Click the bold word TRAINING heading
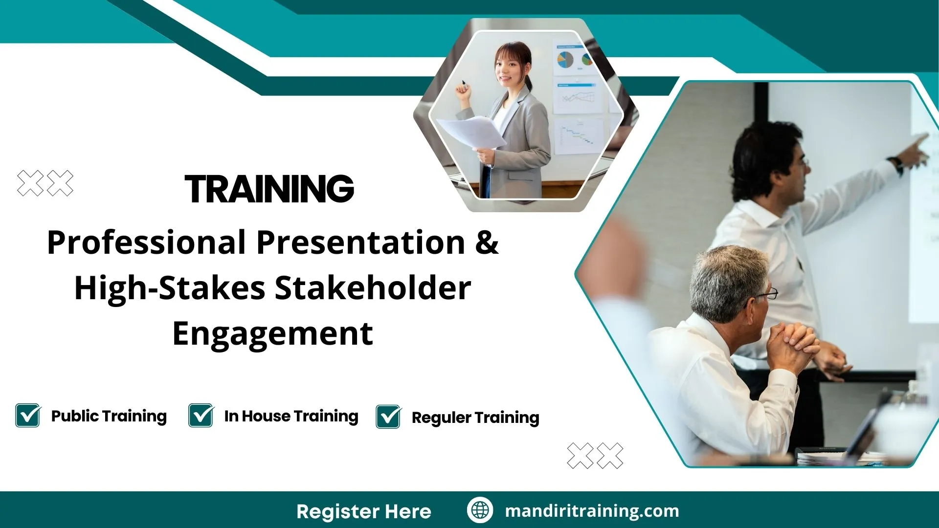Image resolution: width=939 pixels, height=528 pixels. (x=269, y=189)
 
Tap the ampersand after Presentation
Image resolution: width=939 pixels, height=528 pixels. (x=487, y=242)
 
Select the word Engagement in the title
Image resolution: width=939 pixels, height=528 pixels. (x=273, y=334)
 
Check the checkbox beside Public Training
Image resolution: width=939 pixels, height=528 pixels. (x=28, y=416)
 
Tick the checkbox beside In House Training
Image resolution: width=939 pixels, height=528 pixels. (x=201, y=416)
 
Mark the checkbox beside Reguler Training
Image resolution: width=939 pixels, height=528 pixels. (x=389, y=417)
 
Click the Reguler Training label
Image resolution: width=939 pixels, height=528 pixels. (x=475, y=418)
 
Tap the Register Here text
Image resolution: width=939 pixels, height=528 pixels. (x=363, y=511)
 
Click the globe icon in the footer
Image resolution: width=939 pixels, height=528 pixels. (x=480, y=510)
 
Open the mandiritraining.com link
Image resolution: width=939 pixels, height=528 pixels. (x=592, y=511)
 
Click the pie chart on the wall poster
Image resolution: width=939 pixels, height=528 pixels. (x=566, y=60)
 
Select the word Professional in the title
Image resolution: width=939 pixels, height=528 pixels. (x=146, y=242)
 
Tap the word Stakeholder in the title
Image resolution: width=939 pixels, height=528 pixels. (x=373, y=288)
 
